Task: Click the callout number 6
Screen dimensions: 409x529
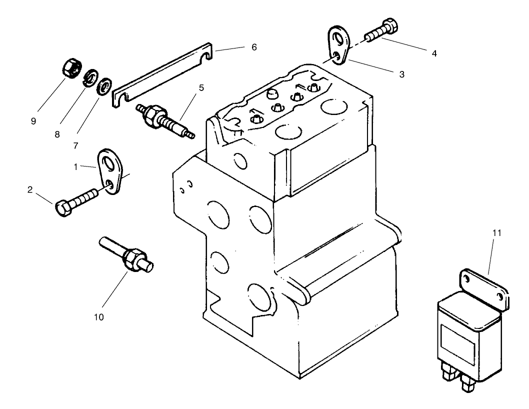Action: tap(254, 47)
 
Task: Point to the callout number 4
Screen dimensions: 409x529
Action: tap(434, 53)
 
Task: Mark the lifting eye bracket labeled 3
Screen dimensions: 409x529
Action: tap(338, 46)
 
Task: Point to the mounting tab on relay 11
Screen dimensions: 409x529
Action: tap(484, 285)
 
